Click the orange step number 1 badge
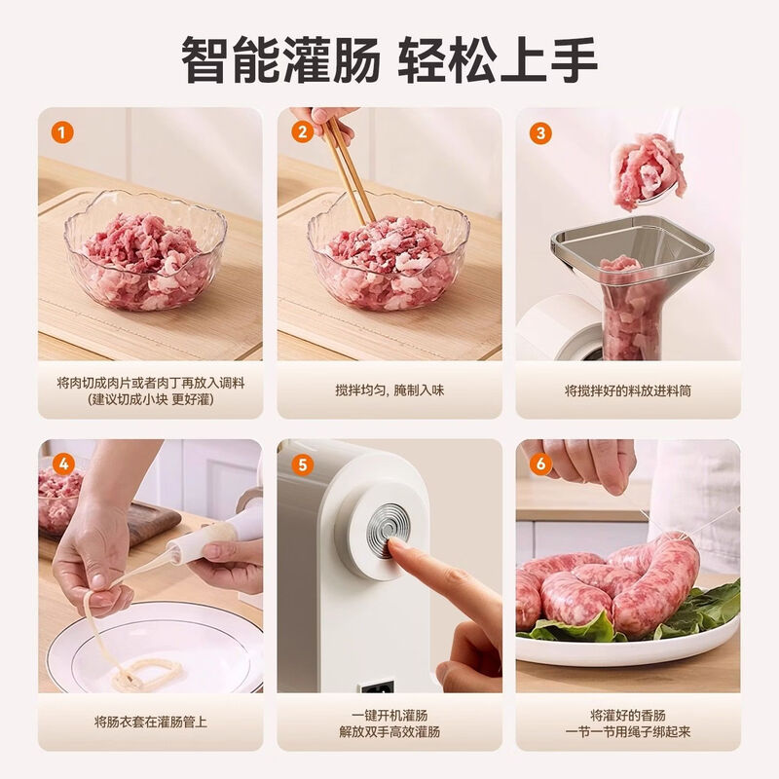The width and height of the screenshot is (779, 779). (x=63, y=133)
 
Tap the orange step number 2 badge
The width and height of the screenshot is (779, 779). (x=303, y=133)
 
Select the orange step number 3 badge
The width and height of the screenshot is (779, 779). (x=541, y=133)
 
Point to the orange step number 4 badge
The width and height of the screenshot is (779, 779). (x=63, y=464)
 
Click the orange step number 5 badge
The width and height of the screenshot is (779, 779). (x=303, y=464)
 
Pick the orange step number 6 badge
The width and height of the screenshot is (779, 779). (x=541, y=464)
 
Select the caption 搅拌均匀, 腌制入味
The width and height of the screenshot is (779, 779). (x=389, y=390)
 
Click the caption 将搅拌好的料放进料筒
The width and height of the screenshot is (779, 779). (x=628, y=390)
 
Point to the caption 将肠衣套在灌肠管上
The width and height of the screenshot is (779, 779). (x=150, y=722)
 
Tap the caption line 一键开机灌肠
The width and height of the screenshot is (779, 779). (x=389, y=714)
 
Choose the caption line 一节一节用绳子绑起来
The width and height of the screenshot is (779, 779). (x=628, y=731)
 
